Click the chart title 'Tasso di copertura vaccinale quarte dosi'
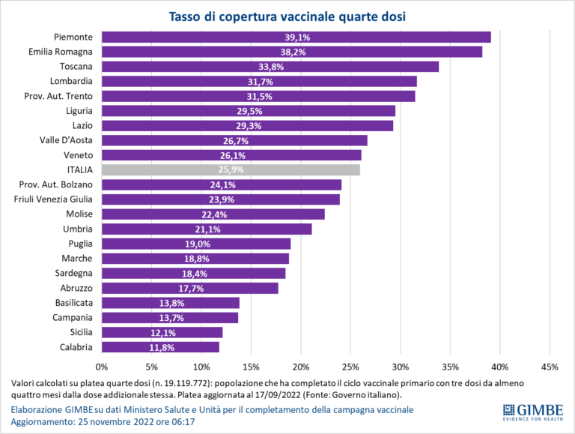(x=287, y=16)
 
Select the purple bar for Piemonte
(x=296, y=37)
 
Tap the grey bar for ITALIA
(x=231, y=169)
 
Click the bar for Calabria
(x=160, y=347)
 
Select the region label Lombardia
(x=71, y=81)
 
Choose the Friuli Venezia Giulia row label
(x=53, y=199)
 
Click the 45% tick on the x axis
(x=550, y=367)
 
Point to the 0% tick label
(x=102, y=367)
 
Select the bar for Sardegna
(x=193, y=273)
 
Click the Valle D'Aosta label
(x=66, y=140)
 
